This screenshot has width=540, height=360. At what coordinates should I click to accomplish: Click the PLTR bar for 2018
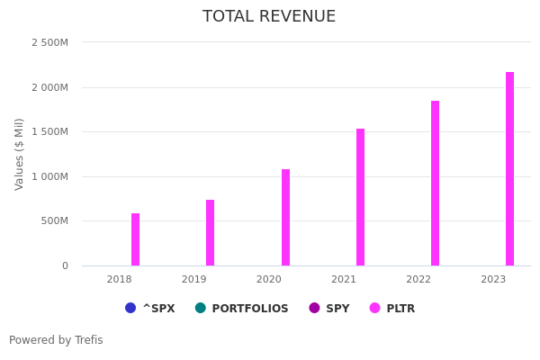tap(135, 239)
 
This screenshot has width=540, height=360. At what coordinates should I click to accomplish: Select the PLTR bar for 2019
tap(210, 233)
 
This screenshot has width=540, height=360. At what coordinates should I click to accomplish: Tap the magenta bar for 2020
tap(285, 218)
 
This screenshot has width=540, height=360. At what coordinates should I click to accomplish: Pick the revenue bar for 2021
tap(360, 197)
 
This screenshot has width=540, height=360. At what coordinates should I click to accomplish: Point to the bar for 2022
tap(435, 184)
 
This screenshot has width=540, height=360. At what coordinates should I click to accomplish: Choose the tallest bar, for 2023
tap(509, 169)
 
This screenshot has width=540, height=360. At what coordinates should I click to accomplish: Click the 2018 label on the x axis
tap(119, 280)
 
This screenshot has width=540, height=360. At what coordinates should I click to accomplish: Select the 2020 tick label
tap(268, 280)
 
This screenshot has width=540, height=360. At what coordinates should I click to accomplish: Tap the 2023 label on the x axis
tap(493, 280)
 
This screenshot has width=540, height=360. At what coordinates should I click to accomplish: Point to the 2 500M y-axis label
tap(49, 42)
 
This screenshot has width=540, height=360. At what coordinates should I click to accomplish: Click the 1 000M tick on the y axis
tap(49, 176)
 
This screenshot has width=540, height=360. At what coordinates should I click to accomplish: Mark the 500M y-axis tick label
tap(55, 221)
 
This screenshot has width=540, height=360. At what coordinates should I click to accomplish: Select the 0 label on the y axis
tap(65, 265)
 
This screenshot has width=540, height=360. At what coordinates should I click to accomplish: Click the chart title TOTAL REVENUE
tap(269, 17)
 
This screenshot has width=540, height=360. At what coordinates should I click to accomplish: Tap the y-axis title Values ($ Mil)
tap(20, 154)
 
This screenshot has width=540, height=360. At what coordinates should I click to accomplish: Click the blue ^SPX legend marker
tap(130, 308)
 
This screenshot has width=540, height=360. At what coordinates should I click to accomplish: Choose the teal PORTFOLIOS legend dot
tap(200, 308)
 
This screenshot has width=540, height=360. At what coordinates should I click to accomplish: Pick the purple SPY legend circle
tap(314, 308)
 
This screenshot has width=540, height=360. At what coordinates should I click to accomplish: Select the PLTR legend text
tap(400, 309)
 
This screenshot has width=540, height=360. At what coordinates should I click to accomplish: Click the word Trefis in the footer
tap(88, 340)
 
